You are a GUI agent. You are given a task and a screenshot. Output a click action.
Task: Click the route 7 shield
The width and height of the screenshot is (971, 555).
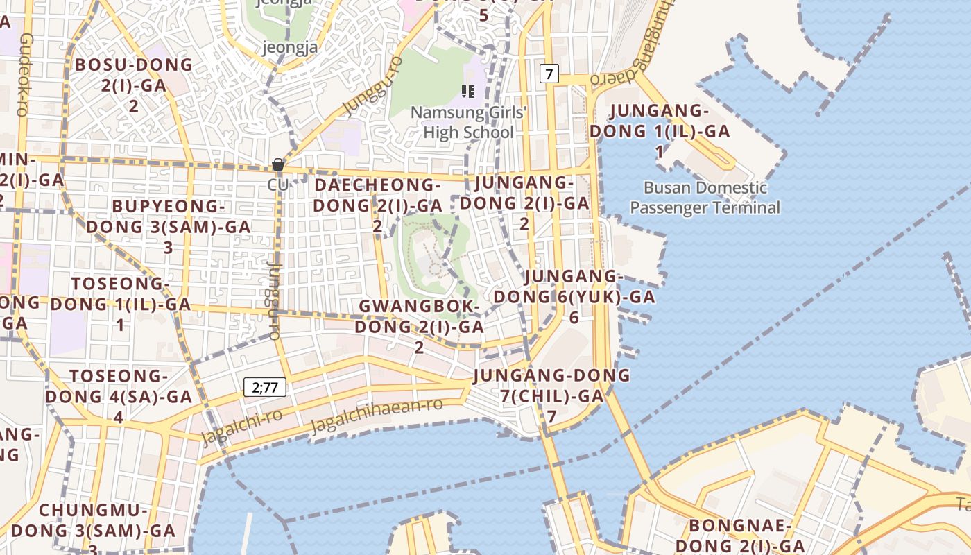pos(549,74)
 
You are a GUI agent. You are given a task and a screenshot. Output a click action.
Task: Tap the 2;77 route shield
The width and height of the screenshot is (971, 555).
pos(265,387)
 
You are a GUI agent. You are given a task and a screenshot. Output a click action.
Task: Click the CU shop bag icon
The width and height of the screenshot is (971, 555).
pos(278,165)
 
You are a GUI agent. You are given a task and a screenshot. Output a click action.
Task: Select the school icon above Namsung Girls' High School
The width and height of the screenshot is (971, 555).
pos(467,92)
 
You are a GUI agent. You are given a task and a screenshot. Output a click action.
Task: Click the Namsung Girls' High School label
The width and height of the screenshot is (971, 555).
pos(469,122)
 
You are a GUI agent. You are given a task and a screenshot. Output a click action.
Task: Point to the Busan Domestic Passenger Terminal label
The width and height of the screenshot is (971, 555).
pos(705,198)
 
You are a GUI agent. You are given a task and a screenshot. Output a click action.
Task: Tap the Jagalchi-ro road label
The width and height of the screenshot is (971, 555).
pos(241,426)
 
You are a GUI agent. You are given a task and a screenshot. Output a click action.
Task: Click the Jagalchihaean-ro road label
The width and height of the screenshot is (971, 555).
pos(377,415)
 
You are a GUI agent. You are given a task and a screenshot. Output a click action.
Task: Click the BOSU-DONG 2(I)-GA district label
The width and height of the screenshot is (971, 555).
pos(134,85)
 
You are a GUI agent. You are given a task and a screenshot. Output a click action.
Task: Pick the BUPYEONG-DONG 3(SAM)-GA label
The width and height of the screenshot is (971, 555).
pos(168,226)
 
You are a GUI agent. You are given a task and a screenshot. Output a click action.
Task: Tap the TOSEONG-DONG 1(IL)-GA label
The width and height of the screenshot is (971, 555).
pos(121,304)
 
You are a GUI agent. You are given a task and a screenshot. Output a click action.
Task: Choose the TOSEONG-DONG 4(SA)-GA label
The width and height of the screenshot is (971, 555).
pos(119,396)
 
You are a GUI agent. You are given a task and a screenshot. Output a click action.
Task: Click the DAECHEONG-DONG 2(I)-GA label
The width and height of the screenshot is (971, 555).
pos(377,205)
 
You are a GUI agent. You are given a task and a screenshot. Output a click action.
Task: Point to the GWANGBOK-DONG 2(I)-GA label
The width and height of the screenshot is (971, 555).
pos(419,326)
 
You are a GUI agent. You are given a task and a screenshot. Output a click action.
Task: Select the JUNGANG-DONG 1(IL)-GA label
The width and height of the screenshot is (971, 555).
pos(660,130)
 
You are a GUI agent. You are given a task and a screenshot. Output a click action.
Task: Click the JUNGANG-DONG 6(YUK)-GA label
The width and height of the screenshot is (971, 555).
pos(574,297)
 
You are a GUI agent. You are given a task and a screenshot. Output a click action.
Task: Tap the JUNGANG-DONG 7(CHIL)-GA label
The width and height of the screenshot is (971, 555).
pos(551,395)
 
